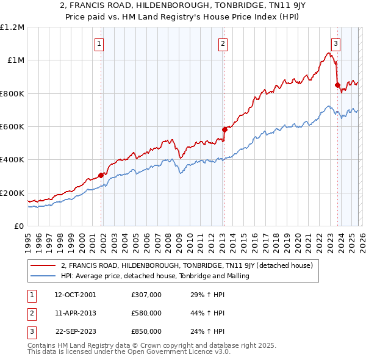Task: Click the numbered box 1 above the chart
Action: coord(99,43)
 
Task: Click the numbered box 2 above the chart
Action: coord(223,43)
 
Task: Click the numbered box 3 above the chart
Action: coord(335,43)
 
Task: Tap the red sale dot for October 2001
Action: coord(101,175)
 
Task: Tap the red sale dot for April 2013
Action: coord(224,129)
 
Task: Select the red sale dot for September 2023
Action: coord(337,85)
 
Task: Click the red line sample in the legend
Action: coord(43,265)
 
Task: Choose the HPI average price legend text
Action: coord(155,276)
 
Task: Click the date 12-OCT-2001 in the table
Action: coord(74,295)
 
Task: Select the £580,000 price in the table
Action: coord(146,313)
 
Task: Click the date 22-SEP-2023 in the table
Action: coord(74,331)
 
